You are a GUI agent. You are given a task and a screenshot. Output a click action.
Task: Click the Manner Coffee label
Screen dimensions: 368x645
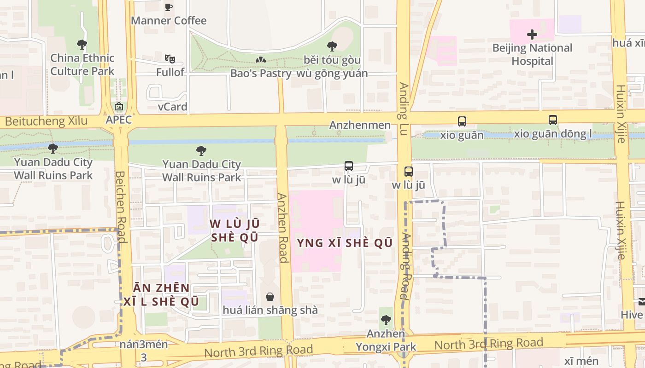(x=169, y=21)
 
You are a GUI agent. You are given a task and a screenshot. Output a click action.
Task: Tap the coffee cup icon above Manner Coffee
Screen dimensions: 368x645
(x=169, y=7)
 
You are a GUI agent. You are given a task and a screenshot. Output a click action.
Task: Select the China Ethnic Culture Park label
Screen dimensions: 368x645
(x=82, y=64)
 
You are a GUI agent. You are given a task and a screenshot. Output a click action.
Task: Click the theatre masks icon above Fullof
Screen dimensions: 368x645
(x=170, y=58)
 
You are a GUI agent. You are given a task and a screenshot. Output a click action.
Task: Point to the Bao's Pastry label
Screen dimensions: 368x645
(x=261, y=73)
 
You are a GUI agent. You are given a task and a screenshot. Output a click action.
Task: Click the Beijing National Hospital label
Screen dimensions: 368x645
(x=532, y=54)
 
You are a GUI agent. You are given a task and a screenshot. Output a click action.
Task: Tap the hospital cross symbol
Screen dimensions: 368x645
(x=532, y=34)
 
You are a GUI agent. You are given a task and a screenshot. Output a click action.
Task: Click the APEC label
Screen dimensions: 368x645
(x=118, y=120)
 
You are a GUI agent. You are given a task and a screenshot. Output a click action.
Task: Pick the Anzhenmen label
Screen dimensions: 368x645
(x=360, y=125)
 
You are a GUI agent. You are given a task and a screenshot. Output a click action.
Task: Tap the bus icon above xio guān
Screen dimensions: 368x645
(x=462, y=121)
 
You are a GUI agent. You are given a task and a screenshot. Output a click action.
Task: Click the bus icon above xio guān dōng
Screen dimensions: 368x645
(x=553, y=120)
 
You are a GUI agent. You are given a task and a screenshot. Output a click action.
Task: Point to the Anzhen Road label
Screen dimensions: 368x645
(x=282, y=227)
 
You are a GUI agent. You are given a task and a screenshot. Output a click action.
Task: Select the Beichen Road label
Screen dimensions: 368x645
(x=120, y=207)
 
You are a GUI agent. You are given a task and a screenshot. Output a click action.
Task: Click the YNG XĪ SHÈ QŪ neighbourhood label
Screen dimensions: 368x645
(x=345, y=243)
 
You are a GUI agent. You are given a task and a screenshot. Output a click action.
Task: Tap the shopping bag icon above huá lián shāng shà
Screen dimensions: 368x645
(x=270, y=297)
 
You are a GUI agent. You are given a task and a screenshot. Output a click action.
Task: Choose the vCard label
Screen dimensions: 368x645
(x=172, y=107)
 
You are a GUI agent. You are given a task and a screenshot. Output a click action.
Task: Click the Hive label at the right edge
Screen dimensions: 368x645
(x=632, y=315)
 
